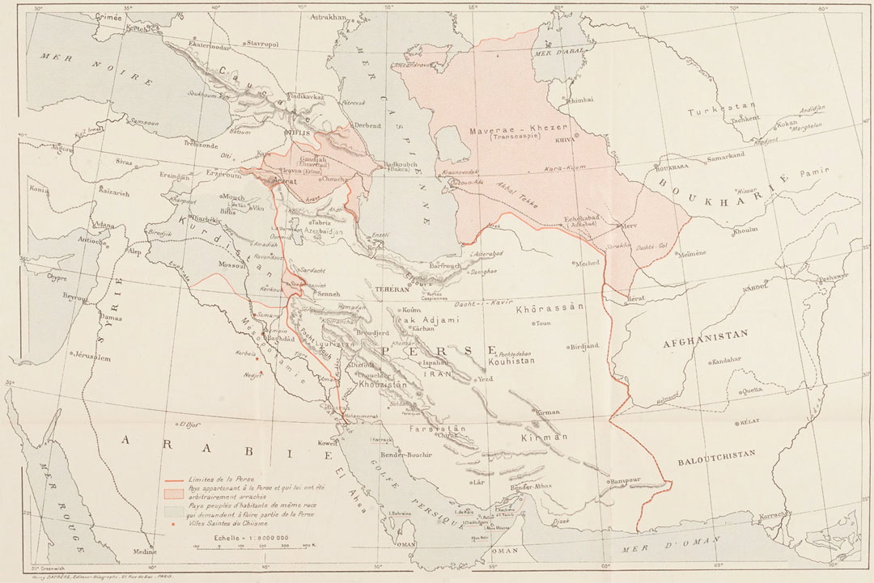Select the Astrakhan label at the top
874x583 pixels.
(328, 16)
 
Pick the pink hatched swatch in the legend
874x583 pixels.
(172, 492)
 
